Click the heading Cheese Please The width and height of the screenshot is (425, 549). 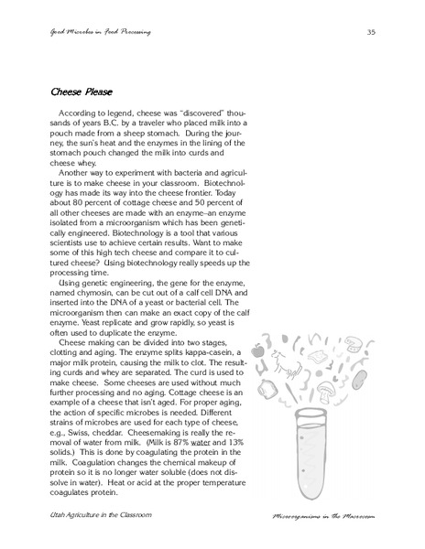tap(80, 92)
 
